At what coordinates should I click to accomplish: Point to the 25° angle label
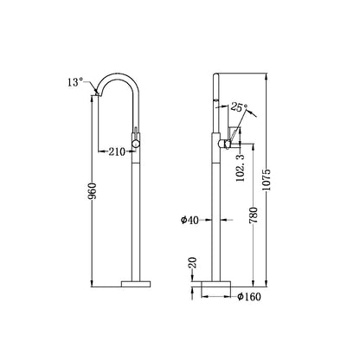[x=239, y=109]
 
